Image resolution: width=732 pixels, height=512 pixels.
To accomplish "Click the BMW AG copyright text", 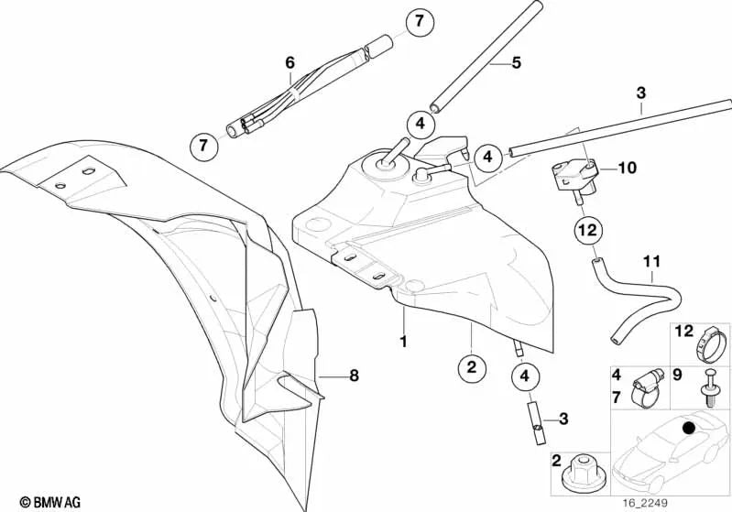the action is click(x=50, y=502).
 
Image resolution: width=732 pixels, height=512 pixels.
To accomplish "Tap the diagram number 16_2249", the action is click(x=645, y=503).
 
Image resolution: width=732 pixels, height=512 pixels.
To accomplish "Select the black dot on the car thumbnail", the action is click(x=688, y=428).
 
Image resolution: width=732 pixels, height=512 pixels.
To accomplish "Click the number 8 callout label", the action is click(x=355, y=375).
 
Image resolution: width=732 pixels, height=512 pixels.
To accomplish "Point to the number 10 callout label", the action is click(x=627, y=168).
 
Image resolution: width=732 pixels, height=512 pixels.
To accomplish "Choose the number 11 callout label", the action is click(x=651, y=262).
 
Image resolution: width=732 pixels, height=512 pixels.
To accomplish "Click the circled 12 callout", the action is click(x=588, y=230).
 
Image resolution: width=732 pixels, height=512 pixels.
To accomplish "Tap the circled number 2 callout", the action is click(x=472, y=367).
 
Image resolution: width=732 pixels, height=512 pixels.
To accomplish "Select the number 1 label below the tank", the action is click(x=403, y=342).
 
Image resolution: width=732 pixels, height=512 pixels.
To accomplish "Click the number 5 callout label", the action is click(x=516, y=62).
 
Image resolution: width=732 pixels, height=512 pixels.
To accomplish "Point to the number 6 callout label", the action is click(x=290, y=62).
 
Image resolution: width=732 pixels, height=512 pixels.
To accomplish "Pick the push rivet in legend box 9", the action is click(x=709, y=388).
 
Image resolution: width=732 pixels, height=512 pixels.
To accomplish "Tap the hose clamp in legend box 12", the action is click(x=711, y=345).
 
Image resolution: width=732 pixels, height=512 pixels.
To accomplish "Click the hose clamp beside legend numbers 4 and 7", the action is click(x=648, y=387).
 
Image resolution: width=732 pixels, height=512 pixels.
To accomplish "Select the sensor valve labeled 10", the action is click(x=574, y=179).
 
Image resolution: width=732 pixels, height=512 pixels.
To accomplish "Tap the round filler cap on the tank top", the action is click(x=385, y=164).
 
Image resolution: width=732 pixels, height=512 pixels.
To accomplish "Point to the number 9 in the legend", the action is click(x=678, y=375).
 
